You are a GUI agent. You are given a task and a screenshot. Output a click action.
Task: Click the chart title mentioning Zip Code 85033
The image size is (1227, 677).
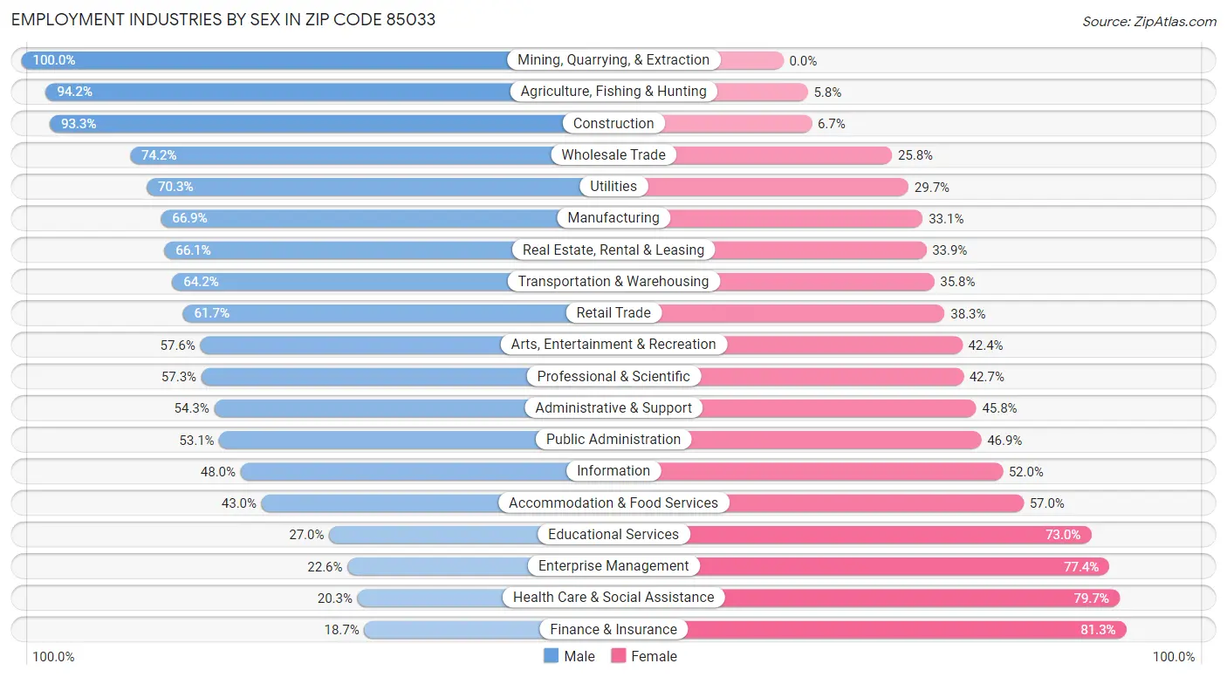point(223,19)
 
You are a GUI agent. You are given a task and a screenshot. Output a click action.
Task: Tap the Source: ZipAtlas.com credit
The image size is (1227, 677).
point(1148,21)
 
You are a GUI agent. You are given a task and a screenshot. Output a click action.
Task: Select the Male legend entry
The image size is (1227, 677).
point(569,656)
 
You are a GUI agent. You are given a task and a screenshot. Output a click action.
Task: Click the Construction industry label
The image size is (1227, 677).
point(613,123)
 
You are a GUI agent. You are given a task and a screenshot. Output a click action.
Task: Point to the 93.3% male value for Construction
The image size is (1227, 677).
point(79,124)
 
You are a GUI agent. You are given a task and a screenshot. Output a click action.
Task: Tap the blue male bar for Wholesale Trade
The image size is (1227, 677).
point(349,155)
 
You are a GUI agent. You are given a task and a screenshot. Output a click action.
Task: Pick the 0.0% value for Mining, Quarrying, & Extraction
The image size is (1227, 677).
point(803,61)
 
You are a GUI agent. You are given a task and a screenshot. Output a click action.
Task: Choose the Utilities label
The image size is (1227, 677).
point(613,186)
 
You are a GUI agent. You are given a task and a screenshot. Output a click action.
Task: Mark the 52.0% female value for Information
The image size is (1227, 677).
point(1025,472)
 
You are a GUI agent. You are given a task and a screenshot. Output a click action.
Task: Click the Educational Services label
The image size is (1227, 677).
point(613,534)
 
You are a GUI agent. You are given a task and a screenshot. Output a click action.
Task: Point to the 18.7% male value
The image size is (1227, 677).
point(341,630)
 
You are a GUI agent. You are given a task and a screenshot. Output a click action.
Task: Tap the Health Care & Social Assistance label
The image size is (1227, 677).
point(613,597)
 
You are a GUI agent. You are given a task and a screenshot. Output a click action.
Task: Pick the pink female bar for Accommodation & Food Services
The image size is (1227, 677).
point(873,503)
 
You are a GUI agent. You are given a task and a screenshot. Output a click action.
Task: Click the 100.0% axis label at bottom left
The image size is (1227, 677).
point(53,657)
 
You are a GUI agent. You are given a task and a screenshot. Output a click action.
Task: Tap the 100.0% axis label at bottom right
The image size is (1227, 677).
point(1173,657)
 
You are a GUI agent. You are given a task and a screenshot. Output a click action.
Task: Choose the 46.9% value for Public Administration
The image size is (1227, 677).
point(1004,441)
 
